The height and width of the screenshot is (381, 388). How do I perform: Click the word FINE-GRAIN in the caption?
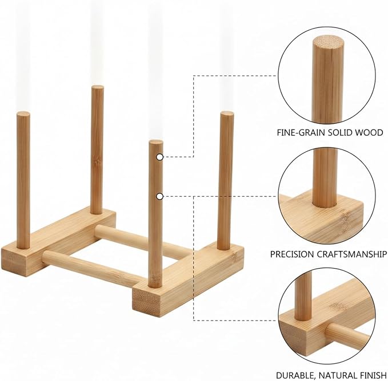pyautogui.click(x=301, y=132)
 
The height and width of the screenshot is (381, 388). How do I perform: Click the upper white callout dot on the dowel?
pyautogui.click(x=160, y=157)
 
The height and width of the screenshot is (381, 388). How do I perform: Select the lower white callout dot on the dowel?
pyautogui.click(x=160, y=196)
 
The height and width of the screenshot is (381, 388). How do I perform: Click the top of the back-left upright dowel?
pyautogui.click(x=98, y=87)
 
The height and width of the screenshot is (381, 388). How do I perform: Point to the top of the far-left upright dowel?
pyautogui.click(x=23, y=114)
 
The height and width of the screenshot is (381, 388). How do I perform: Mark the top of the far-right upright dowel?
pyautogui.click(x=227, y=114)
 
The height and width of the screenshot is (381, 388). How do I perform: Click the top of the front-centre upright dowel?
pyautogui.click(x=156, y=142)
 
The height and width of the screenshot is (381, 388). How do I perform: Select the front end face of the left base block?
pyautogui.click(x=13, y=261)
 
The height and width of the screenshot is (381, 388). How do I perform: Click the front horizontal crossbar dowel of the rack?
pyautogui.click(x=92, y=267)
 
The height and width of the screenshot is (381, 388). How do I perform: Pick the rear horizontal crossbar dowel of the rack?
pyautogui.click(x=143, y=241)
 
